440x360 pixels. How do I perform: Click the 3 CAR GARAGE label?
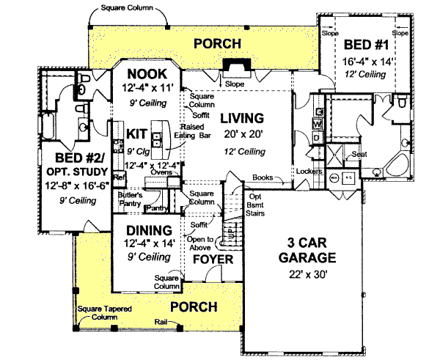pos(307,250)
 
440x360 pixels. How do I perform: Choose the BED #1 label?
pos(364,44)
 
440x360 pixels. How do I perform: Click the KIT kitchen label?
pos(137,133)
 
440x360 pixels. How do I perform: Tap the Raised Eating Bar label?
pos(192,131)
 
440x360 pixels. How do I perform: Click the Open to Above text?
pos(200,243)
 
